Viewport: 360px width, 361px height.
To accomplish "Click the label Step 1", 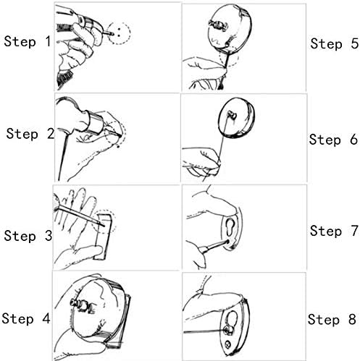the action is click(x=28, y=41).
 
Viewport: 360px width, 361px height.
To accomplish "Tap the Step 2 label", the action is click(x=30, y=134).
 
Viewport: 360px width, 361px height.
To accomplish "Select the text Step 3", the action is click(x=28, y=236).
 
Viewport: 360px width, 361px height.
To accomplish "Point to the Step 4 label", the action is click(x=26, y=318).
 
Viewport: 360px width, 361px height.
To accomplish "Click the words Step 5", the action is click(x=335, y=43).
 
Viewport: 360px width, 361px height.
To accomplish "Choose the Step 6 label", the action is click(x=333, y=140).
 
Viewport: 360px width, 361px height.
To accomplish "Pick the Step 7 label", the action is click(x=334, y=231).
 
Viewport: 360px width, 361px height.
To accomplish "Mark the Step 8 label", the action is click(x=332, y=319).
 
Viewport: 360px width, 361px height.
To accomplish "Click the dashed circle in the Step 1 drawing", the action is click(x=130, y=33).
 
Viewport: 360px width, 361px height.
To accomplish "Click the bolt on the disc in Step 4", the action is click(x=81, y=305).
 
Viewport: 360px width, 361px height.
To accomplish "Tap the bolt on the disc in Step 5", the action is click(x=217, y=25).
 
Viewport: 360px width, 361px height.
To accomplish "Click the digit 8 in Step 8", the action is click(x=352, y=319).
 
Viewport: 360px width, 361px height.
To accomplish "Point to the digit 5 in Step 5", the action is click(x=354, y=43).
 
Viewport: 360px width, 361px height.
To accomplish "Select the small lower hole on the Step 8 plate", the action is click(x=227, y=344).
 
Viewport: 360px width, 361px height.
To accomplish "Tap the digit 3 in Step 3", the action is click(x=49, y=236).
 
